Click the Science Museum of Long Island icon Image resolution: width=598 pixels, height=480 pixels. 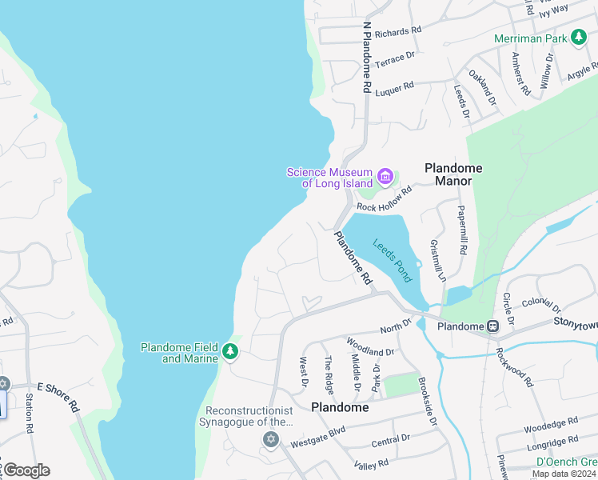[385, 176]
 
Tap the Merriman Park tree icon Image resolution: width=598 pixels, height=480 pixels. [579, 38]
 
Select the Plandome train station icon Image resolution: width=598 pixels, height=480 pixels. [493, 326]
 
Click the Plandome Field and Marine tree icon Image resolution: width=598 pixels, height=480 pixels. [230, 352]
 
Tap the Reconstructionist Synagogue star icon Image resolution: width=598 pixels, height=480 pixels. [270, 439]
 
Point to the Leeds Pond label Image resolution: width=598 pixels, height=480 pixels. [392, 260]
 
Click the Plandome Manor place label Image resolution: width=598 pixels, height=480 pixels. [453, 174]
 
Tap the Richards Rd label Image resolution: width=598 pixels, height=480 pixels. [397, 31]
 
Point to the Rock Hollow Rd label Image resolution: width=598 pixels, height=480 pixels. [384, 198]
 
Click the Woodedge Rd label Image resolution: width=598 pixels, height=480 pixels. [552, 422]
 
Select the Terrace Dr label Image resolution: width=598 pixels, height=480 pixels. [396, 58]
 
